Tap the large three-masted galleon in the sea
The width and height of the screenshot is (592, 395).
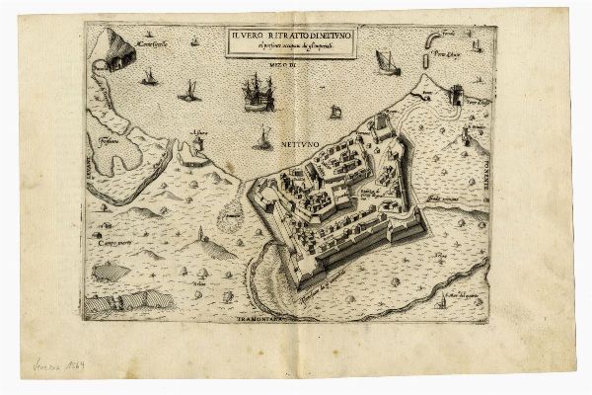[257, 96]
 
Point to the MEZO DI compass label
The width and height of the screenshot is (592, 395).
[280, 64]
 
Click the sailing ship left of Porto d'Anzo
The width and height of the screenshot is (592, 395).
[386, 64]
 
